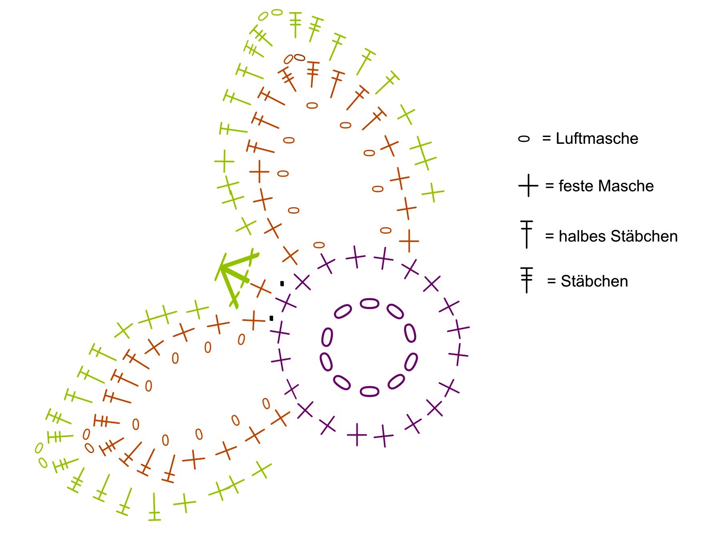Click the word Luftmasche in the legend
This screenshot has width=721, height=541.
[x=597, y=139]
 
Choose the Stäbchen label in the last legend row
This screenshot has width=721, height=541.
[x=594, y=281]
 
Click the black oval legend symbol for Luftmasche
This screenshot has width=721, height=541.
[x=524, y=139]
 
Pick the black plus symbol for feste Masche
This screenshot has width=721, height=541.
[x=528, y=186]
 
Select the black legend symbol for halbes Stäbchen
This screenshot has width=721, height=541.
[x=526, y=234]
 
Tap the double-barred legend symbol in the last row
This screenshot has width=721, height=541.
[x=527, y=280]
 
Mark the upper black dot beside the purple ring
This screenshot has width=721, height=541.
[x=282, y=284]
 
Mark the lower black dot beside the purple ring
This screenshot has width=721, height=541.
[x=271, y=319]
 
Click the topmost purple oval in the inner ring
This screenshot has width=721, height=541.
[x=369, y=303]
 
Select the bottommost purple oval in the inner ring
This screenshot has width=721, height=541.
[x=369, y=391]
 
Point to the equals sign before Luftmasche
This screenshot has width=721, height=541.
[x=547, y=139]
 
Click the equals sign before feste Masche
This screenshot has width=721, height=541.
[x=550, y=186]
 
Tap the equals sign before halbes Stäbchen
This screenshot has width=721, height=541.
[x=550, y=236]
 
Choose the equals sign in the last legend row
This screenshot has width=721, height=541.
[x=552, y=281]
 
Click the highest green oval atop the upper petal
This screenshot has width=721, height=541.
[x=277, y=12]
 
